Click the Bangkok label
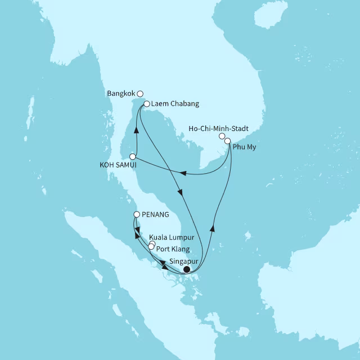[x=121, y=93]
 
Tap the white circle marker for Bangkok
[x=141, y=94]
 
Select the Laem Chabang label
[x=175, y=104]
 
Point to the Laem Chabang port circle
[x=146, y=104]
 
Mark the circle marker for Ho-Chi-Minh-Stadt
[x=222, y=136]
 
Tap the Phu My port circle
[x=228, y=141]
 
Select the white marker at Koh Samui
[x=133, y=156]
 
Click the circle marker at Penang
[x=137, y=214]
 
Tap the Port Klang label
[x=173, y=249]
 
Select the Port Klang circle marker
[x=151, y=247]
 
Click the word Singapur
[x=183, y=261]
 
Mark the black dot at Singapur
[x=187, y=269]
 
